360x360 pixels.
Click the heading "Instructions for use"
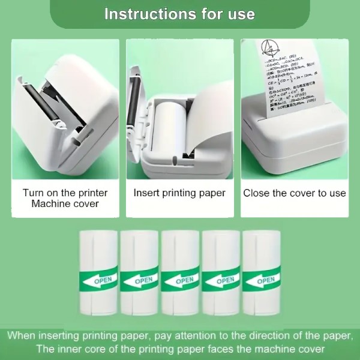click(179, 14)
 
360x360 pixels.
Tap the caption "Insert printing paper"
click(179, 193)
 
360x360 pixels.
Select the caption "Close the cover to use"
click(295, 193)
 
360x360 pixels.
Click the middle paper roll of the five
click(179, 273)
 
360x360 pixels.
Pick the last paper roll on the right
click(262, 273)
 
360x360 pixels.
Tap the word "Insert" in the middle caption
click(147, 193)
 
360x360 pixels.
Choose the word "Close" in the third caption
click(256, 193)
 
